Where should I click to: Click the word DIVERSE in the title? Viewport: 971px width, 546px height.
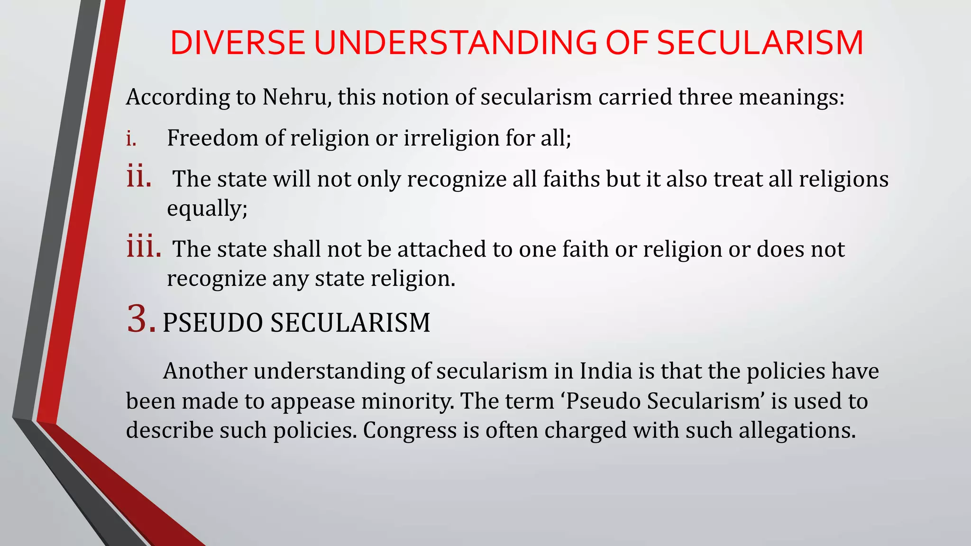point(237,43)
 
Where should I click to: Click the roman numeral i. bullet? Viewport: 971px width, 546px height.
point(131,139)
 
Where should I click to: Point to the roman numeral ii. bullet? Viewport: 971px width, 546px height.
point(139,177)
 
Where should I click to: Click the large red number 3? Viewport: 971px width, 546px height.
point(141,319)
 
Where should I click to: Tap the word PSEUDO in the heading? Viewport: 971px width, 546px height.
point(212,323)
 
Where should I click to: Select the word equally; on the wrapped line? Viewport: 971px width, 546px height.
point(207,209)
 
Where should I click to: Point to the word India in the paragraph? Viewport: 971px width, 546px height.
point(606,371)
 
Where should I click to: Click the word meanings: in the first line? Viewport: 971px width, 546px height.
point(792,97)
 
